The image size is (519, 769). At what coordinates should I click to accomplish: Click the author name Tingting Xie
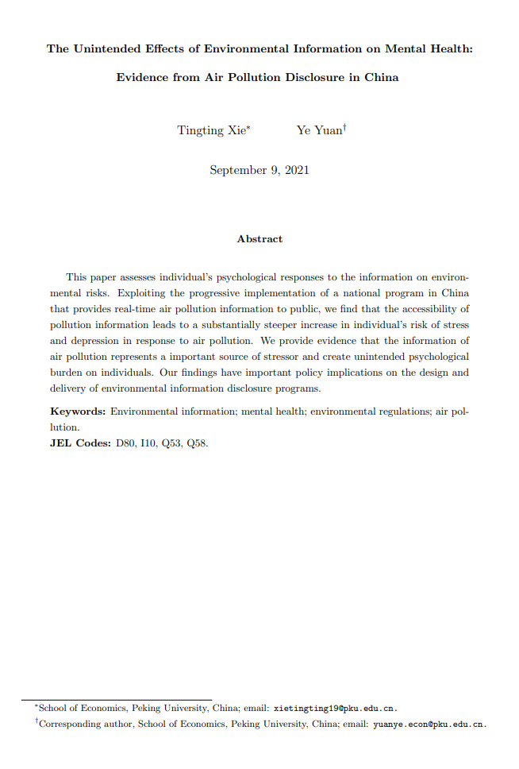click(x=211, y=130)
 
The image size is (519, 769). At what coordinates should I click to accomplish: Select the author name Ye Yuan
click(x=319, y=130)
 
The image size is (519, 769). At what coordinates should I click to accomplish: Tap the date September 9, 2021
click(x=259, y=170)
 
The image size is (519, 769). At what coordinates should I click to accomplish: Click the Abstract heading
click(x=259, y=238)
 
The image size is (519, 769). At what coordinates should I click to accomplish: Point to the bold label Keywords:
click(x=78, y=412)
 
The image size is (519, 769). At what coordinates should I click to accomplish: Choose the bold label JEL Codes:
click(x=80, y=443)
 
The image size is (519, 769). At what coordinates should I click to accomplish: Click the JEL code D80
click(x=126, y=443)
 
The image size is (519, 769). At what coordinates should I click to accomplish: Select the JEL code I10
click(x=148, y=443)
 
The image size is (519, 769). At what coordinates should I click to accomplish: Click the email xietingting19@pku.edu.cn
click(x=334, y=708)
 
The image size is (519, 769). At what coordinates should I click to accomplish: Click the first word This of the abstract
click(x=76, y=277)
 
